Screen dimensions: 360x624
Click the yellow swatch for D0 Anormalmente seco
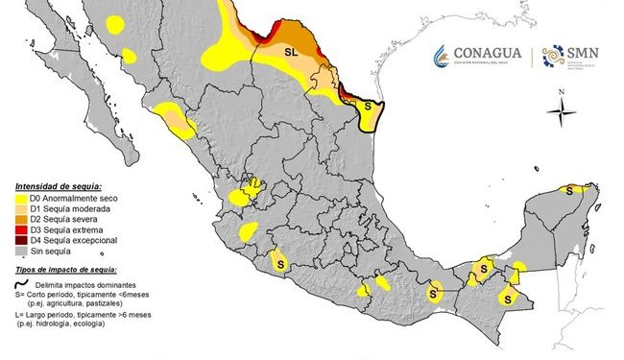tap(19, 199)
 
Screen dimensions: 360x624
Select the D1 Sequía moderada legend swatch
tap(19, 209)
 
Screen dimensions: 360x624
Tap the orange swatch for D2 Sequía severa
tap(19, 220)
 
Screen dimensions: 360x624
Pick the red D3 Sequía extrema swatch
tap(19, 230)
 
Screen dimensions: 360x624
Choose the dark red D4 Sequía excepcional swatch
tap(19, 241)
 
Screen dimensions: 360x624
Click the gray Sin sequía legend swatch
tap(19, 252)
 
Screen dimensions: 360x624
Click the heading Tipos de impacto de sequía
tap(69, 273)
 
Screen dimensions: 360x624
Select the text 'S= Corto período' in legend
tap(48, 297)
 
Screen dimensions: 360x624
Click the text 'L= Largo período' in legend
tap(48, 316)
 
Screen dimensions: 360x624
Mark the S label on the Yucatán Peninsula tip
tap(569, 190)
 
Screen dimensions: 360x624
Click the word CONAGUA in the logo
tap(488, 53)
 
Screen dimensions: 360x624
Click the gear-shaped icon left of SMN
tap(555, 56)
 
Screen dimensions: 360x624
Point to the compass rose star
tap(562, 113)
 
